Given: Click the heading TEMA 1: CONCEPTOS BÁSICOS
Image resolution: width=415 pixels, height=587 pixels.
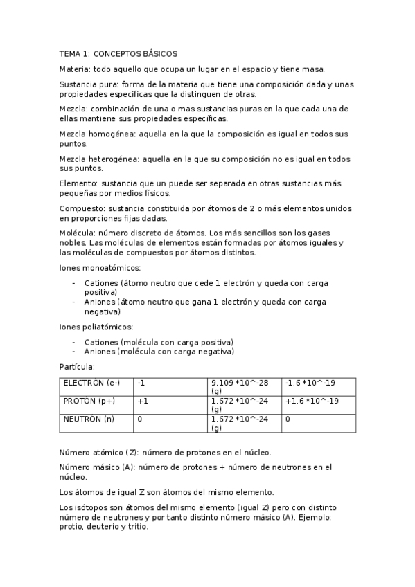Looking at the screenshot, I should [x=118, y=53].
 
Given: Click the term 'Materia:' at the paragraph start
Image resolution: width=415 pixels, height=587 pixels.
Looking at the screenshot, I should [x=76, y=69].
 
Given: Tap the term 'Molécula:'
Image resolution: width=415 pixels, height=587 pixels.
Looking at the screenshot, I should [x=78, y=233].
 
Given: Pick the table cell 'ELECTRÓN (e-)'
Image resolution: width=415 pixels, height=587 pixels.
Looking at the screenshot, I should [x=91, y=383].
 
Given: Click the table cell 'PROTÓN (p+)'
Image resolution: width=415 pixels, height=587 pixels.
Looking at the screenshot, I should [x=89, y=401].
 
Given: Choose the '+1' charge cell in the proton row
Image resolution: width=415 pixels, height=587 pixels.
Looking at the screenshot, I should [x=143, y=401].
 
